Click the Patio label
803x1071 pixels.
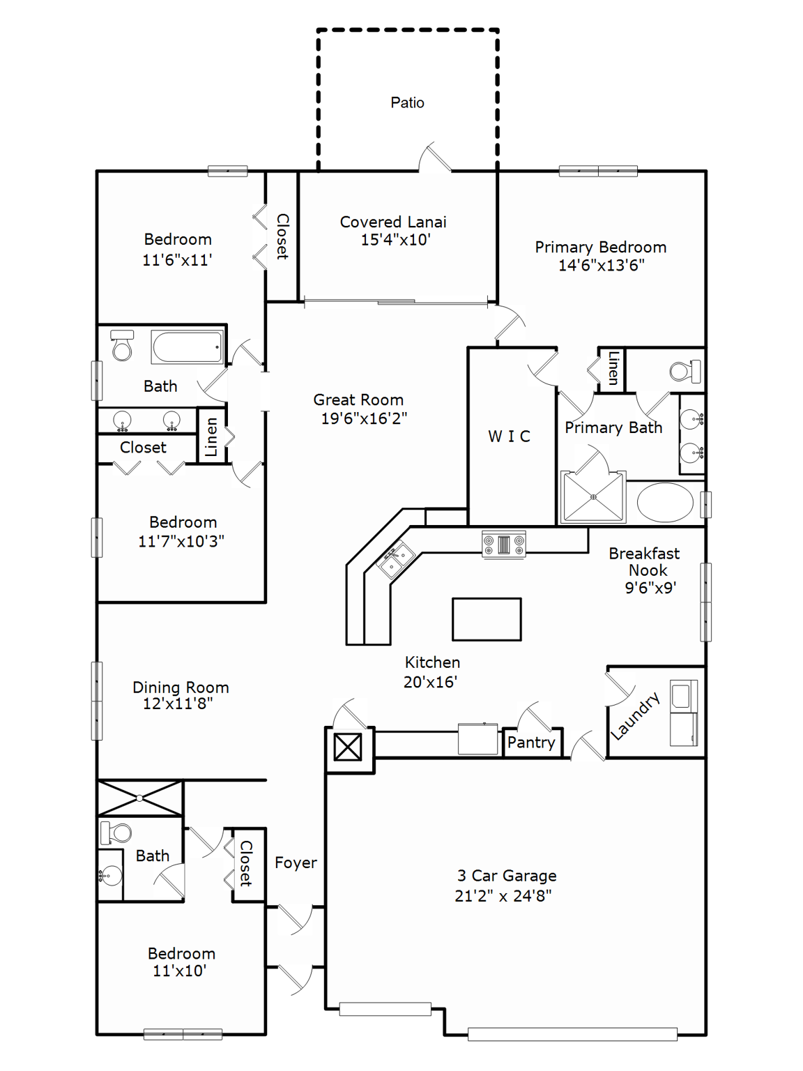coord(407,103)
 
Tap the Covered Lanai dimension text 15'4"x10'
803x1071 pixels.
coord(395,241)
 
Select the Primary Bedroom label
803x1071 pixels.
coord(600,248)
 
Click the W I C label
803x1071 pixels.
coord(509,436)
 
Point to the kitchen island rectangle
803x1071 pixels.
coord(487,619)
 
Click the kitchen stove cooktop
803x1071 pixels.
coord(504,543)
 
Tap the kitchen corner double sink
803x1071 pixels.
coord(395,559)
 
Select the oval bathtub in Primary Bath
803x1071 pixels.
coord(665,502)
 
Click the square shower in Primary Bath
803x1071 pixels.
coord(593,497)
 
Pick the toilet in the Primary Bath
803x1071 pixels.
coord(684,371)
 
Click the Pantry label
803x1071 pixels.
coord(531,743)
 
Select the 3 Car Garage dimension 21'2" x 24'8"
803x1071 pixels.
coord(503,896)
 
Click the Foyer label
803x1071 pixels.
coord(296,863)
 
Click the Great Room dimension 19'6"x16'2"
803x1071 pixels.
coord(364,418)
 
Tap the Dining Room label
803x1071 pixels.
coord(181,688)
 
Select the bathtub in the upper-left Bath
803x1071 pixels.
coord(187,347)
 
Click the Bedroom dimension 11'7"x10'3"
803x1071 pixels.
coord(181,542)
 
